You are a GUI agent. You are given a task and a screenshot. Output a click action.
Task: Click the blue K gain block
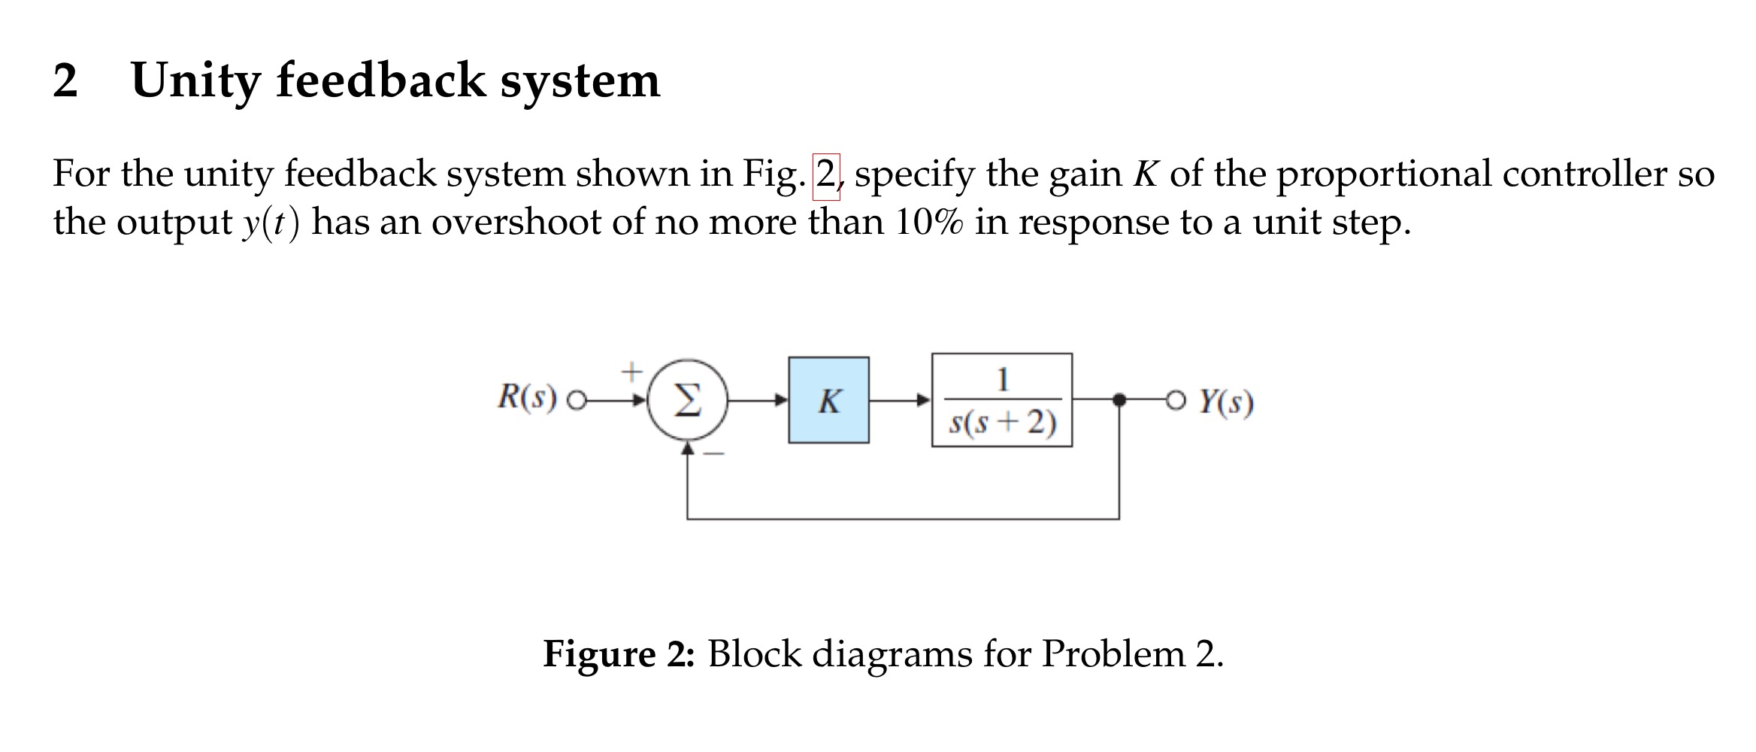point(828,400)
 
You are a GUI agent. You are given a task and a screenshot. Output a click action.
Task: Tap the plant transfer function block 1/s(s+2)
point(1001,400)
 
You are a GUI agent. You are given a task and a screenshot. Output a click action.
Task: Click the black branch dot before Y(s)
point(1119,400)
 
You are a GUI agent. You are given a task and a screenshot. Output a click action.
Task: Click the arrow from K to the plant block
point(901,400)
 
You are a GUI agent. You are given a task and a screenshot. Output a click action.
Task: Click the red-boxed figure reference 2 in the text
point(825,175)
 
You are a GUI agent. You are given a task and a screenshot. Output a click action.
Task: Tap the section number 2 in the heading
point(65,81)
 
